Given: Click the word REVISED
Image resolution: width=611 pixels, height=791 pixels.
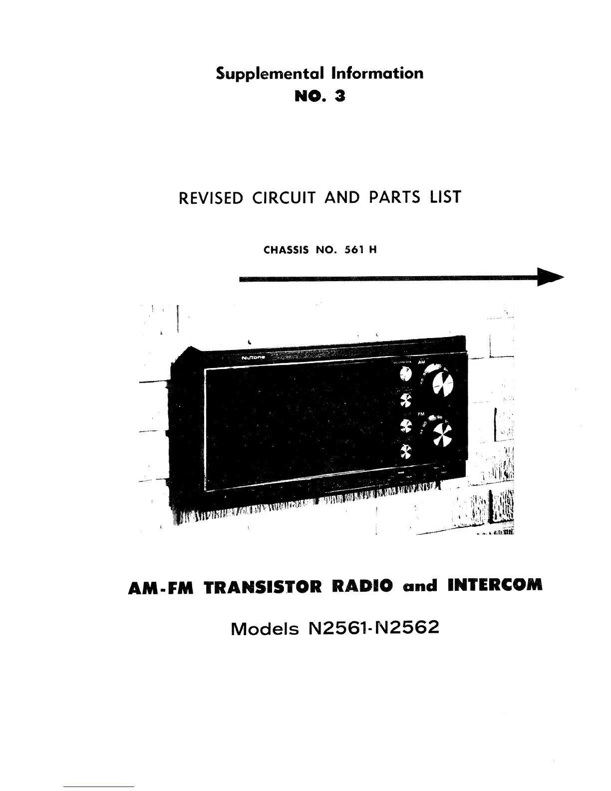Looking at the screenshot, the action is tap(210, 198).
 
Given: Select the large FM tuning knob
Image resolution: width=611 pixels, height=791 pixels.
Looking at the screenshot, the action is tap(442, 436).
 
